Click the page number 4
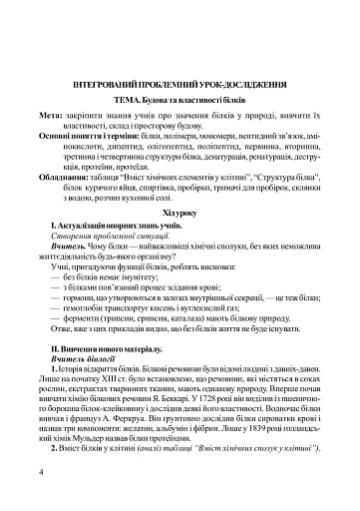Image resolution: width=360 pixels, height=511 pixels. point(40,472)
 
